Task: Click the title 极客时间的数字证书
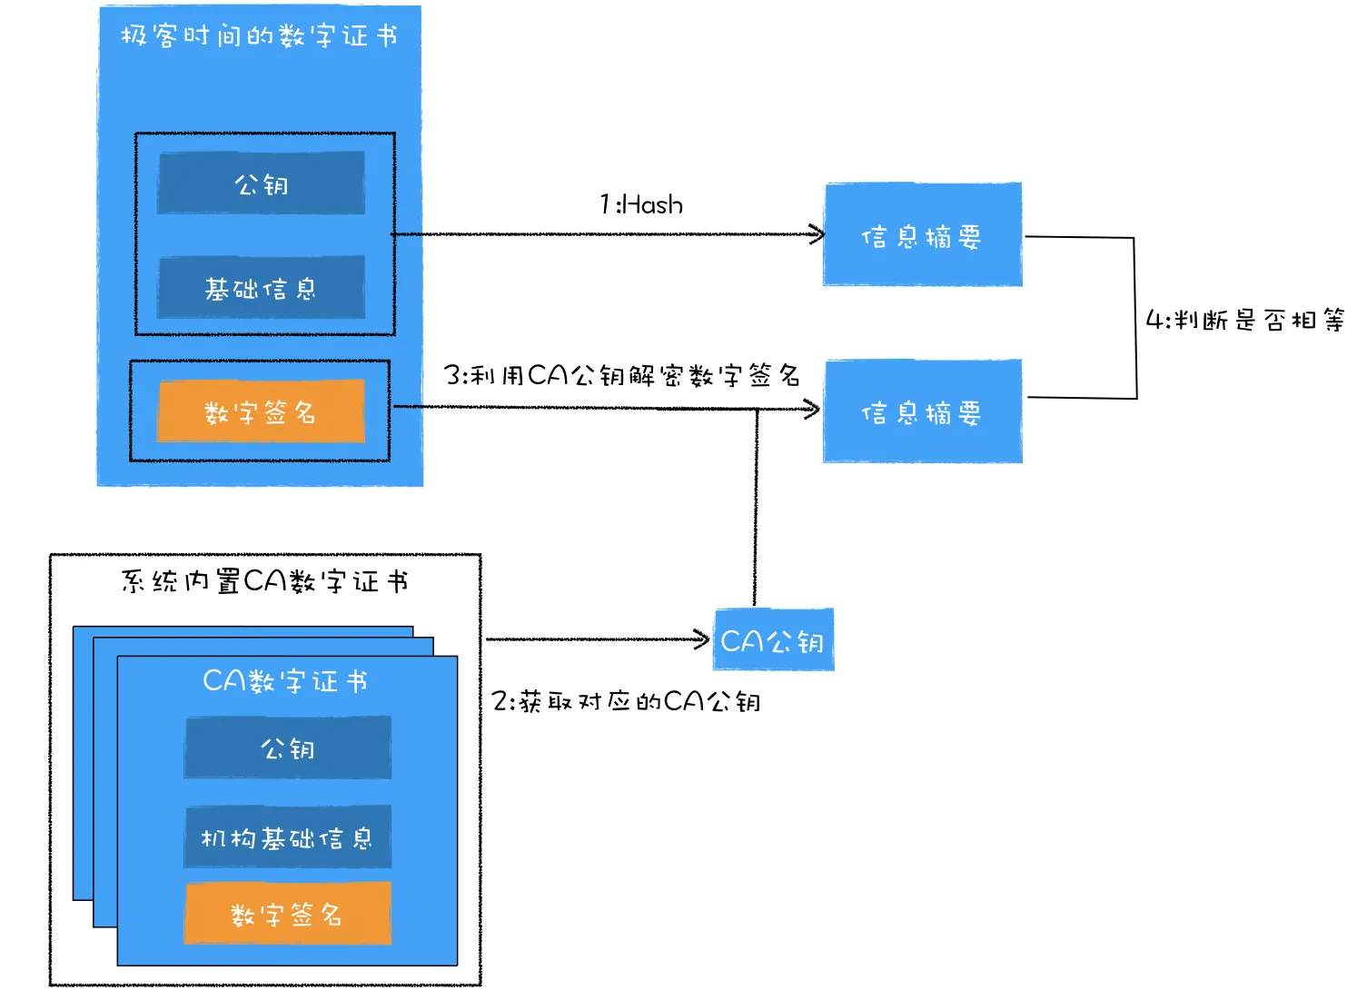(x=259, y=35)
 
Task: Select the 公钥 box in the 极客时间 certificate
(x=261, y=183)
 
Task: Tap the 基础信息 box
(x=261, y=288)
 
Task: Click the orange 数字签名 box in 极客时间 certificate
(x=261, y=411)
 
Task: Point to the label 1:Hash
(x=641, y=204)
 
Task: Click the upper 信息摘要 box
(x=923, y=234)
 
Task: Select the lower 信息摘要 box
(x=923, y=411)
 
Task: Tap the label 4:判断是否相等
(x=1245, y=320)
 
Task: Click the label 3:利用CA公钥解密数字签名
(x=622, y=376)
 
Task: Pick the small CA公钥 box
(x=774, y=639)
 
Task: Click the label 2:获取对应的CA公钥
(x=626, y=701)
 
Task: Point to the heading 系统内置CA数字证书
(x=264, y=581)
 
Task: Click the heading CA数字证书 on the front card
(x=285, y=681)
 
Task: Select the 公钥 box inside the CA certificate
(x=288, y=747)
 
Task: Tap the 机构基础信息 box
(x=288, y=837)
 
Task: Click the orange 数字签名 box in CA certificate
(x=288, y=914)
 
